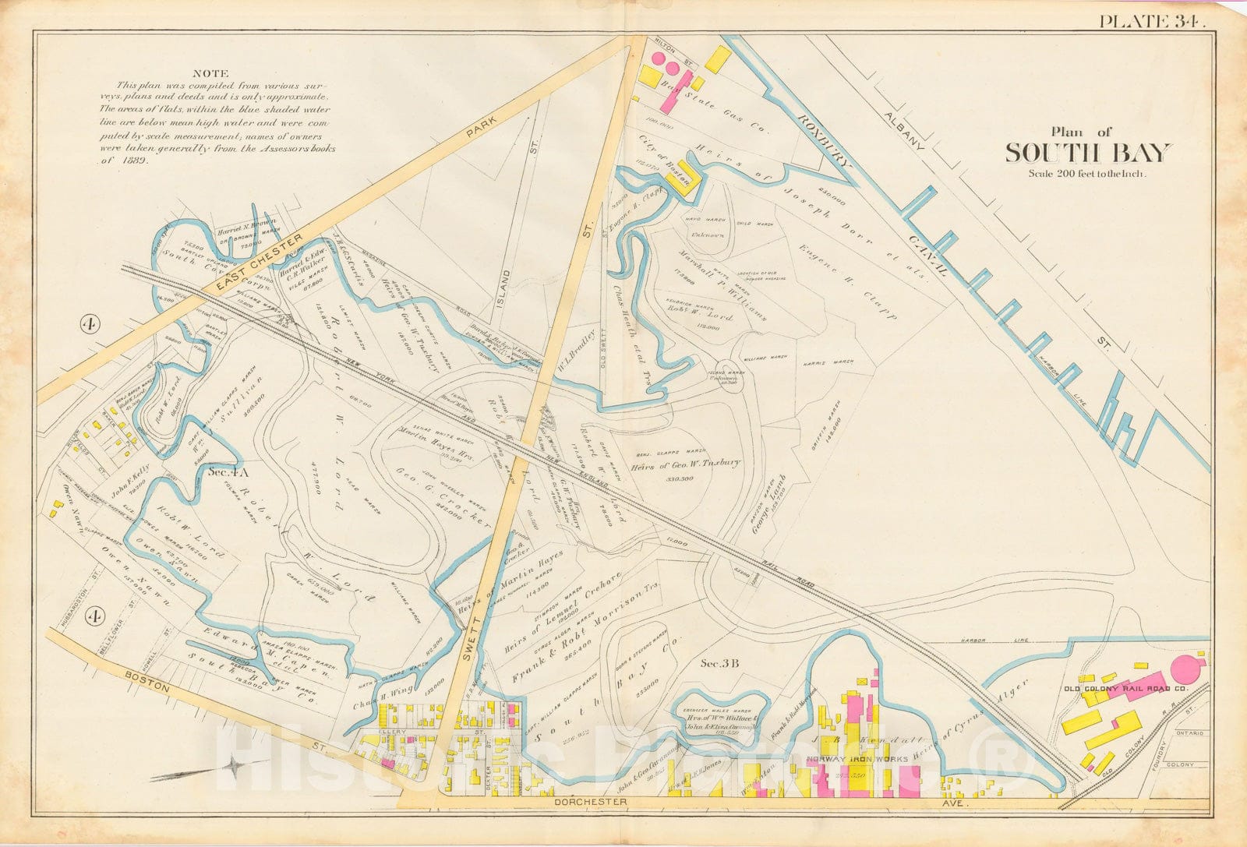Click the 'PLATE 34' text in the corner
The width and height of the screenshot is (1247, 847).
click(1151, 21)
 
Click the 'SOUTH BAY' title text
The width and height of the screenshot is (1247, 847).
click(1087, 153)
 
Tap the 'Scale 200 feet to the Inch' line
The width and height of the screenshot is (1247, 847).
click(1087, 174)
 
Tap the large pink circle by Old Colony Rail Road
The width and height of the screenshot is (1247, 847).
click(1185, 670)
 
